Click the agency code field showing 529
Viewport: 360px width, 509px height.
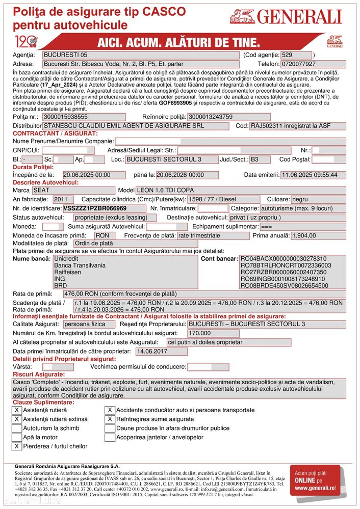pyautogui.click(x=296, y=55)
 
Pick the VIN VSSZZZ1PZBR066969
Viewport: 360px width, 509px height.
pyautogui.click(x=95, y=208)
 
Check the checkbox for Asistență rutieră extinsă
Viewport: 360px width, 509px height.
pyautogui.click(x=16, y=419)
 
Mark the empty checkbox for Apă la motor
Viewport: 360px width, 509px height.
pyautogui.click(x=16, y=437)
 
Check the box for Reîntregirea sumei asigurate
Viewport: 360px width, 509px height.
pyautogui.click(x=110, y=419)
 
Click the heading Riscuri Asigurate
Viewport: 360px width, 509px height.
pyautogui.click(x=38, y=374)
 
